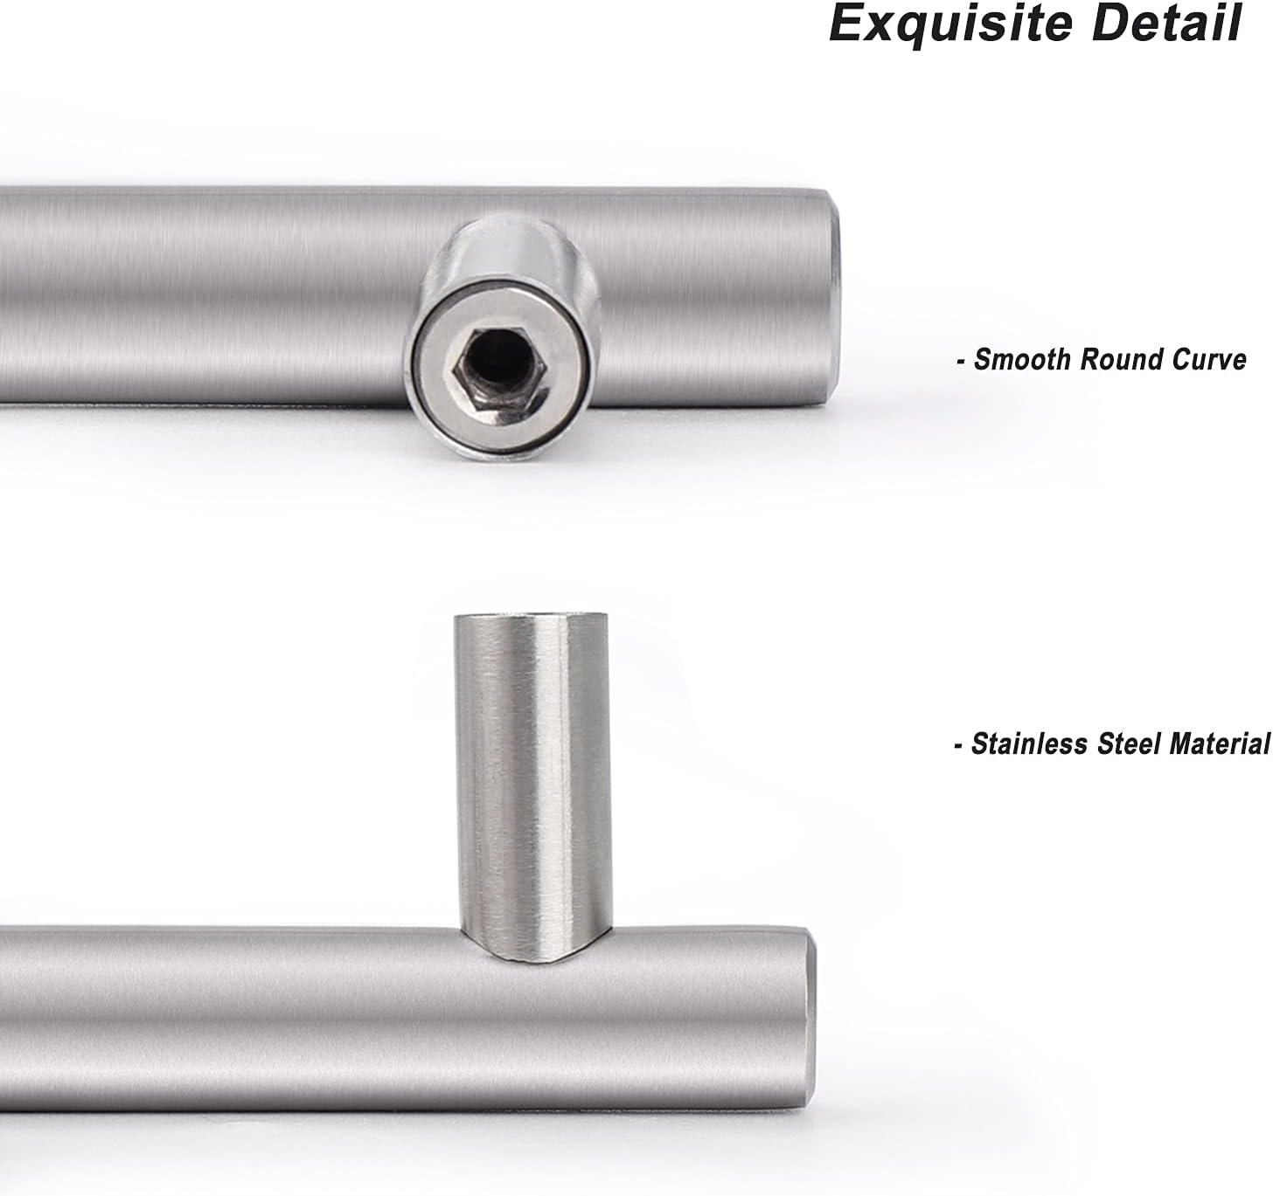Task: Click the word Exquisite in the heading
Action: (950, 24)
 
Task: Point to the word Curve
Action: (1209, 360)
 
